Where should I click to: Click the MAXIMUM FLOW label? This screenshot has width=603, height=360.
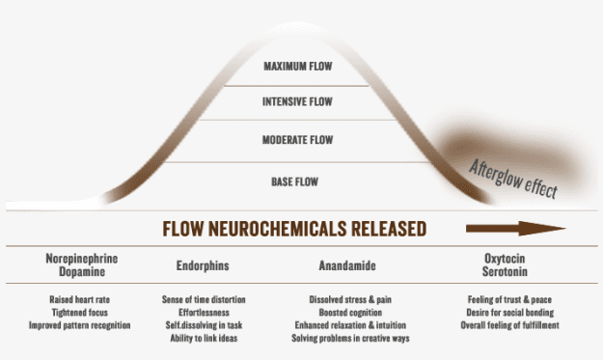click(x=298, y=67)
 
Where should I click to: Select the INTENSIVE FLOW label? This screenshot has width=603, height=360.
click(x=297, y=101)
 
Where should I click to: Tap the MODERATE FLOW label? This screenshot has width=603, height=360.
click(x=298, y=140)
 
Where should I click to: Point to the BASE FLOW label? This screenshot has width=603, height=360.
click(x=295, y=181)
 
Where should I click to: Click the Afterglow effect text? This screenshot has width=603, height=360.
click(x=513, y=179)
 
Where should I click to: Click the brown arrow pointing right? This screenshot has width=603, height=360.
click(x=516, y=229)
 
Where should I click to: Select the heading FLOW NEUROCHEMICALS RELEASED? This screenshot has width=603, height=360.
click(x=294, y=229)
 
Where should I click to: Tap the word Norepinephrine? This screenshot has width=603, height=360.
click(x=82, y=259)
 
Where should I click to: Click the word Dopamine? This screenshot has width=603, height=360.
click(x=82, y=271)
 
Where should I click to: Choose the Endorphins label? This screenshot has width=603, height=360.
click(x=203, y=265)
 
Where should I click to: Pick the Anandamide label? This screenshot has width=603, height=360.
click(x=347, y=265)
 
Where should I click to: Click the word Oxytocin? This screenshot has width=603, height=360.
click(x=505, y=259)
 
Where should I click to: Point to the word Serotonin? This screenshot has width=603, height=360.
click(x=505, y=271)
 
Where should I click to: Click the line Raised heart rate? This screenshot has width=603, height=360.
click(x=80, y=299)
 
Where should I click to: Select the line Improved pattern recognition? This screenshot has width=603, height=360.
click(x=80, y=325)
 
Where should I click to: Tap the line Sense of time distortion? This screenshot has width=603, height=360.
click(x=204, y=299)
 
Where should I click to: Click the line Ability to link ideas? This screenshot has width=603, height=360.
click(x=204, y=339)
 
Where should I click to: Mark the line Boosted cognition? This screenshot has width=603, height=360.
click(x=350, y=313)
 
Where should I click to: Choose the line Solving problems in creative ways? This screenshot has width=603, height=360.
click(x=350, y=339)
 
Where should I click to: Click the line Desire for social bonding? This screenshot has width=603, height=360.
click(x=510, y=313)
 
